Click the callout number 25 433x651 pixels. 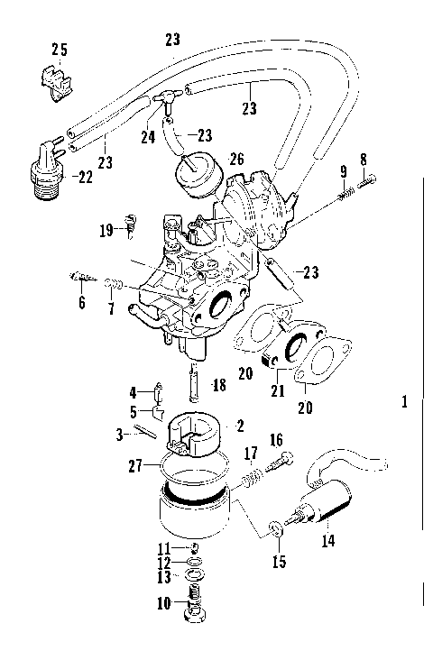click(x=60, y=48)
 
